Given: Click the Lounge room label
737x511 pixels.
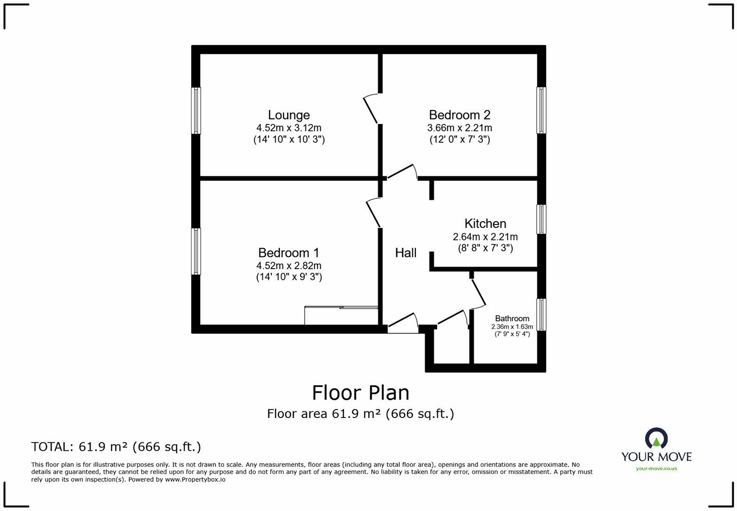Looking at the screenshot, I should click(x=289, y=115).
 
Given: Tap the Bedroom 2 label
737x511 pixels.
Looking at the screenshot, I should click(x=459, y=115).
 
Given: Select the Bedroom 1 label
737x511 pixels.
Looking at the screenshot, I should click(x=289, y=253).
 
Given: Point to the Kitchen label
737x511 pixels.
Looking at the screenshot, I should click(x=485, y=224).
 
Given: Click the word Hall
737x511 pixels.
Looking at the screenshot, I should click(x=406, y=253).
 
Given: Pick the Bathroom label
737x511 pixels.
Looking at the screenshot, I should click(x=512, y=318).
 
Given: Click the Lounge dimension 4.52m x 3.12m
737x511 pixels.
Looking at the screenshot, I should click(x=289, y=128).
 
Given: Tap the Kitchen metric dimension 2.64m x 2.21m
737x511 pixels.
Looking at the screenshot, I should click(x=485, y=237).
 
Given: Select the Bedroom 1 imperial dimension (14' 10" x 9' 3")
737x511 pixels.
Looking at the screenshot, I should click(x=289, y=277).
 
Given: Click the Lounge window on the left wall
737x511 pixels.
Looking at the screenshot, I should click(x=196, y=110).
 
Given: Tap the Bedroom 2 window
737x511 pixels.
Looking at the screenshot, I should click(x=541, y=110).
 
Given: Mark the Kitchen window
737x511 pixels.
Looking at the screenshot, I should click(x=541, y=219).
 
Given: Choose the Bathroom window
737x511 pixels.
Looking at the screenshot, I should click(x=541, y=315).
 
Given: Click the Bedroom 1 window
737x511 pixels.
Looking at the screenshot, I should click(x=196, y=251).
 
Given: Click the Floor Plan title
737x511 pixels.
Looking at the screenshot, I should click(x=361, y=393).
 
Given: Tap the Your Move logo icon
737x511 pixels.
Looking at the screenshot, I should click(x=656, y=438).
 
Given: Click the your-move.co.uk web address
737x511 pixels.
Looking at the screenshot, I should click(x=656, y=468).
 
